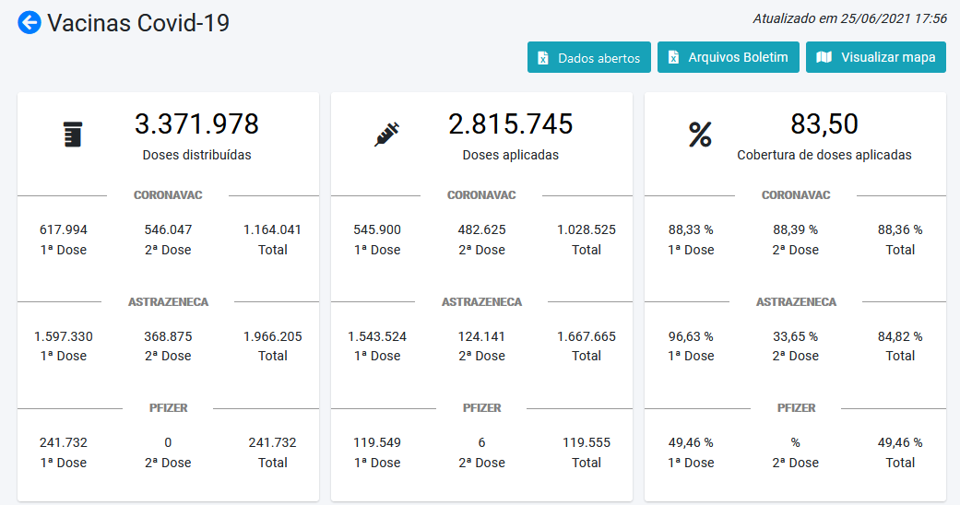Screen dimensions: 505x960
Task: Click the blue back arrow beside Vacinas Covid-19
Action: pos(30,23)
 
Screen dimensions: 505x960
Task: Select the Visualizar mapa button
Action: pos(876,57)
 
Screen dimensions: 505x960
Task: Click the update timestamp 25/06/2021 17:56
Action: pos(849,18)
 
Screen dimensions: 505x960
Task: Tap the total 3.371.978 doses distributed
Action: pos(196,123)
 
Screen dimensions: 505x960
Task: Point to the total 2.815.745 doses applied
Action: pos(510,123)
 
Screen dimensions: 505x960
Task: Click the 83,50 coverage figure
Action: pos(824,123)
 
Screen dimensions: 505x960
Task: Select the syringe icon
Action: pos(386,135)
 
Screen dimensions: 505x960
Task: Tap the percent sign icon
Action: pos(700,135)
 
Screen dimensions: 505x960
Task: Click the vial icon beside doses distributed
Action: pos(72,135)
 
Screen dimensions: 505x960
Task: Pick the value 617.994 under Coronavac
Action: pos(64,229)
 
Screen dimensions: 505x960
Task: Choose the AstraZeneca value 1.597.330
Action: pos(64,336)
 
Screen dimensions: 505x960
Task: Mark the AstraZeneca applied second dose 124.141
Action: pos(481,336)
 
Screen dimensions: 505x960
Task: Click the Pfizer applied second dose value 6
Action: pos(481,442)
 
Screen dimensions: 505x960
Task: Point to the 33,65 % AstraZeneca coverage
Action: pos(795,336)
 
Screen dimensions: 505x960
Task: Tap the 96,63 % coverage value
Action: pos(691,336)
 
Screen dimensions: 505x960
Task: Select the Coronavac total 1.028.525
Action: pos(587,229)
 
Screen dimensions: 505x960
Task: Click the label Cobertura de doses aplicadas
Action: pos(824,155)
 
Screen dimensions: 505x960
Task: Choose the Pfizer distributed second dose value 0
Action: pos(168,442)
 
